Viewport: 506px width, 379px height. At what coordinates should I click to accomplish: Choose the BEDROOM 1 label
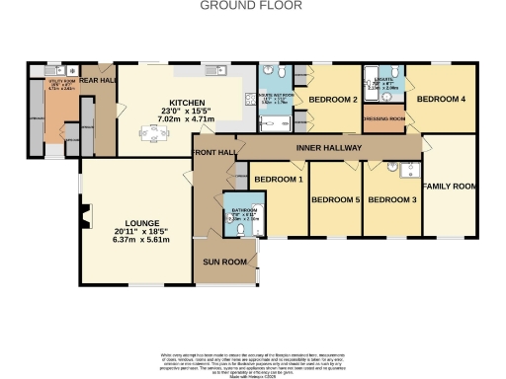[x=278, y=180]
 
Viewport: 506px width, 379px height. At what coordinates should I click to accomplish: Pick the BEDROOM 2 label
[x=333, y=100]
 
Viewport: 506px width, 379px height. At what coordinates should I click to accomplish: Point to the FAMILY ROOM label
[x=450, y=186]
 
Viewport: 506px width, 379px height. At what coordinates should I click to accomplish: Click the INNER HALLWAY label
[x=329, y=148]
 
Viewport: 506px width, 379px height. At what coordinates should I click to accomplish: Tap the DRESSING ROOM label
[x=384, y=119]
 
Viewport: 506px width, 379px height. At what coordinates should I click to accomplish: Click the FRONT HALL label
[x=213, y=153]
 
